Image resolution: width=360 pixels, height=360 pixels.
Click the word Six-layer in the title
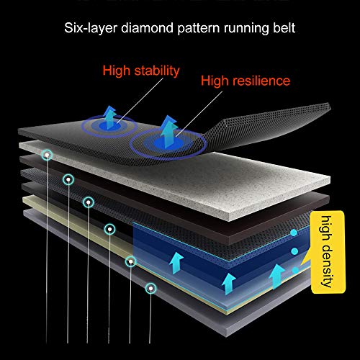click(x=91, y=28)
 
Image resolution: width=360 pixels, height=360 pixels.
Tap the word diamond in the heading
click(x=147, y=28)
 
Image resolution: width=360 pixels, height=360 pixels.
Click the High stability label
click(x=141, y=71)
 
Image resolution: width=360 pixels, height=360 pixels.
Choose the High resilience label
click(x=246, y=81)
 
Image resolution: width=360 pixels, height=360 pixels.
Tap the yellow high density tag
click(x=328, y=252)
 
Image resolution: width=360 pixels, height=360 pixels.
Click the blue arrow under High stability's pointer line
click(x=110, y=117)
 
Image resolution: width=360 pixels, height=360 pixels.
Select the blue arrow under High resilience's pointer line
click(x=168, y=132)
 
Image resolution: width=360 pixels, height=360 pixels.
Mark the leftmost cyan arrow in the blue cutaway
click(x=176, y=263)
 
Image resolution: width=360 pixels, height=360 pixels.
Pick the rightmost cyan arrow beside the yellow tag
click(x=276, y=276)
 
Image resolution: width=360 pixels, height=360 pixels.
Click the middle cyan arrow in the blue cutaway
click(x=228, y=284)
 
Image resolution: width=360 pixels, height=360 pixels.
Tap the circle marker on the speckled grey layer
click(x=47, y=156)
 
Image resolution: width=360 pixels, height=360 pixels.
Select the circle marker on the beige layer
click(x=131, y=261)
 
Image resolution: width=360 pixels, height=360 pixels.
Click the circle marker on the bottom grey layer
click(x=150, y=288)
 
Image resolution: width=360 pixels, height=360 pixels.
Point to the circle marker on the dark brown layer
click(x=68, y=179)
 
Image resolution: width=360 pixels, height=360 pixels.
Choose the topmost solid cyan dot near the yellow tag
click(x=294, y=233)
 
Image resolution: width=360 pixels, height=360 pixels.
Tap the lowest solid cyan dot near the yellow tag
click(x=295, y=270)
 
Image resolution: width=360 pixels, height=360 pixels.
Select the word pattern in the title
click(x=199, y=29)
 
